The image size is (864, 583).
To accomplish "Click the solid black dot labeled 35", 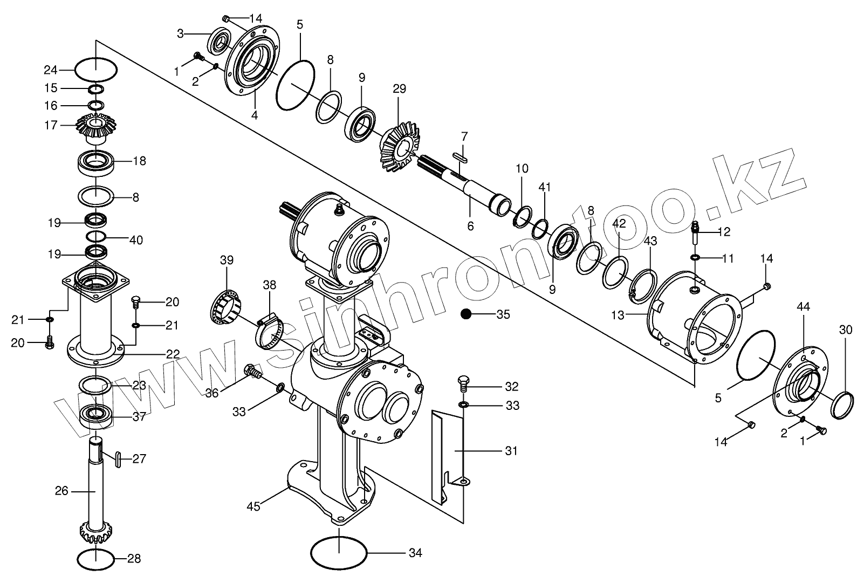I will click(x=465, y=314).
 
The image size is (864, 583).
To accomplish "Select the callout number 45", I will click(x=253, y=506).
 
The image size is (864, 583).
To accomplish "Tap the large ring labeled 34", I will click(x=339, y=552).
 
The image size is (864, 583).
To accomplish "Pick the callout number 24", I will click(x=50, y=70).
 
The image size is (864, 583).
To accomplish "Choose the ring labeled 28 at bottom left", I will click(x=96, y=559).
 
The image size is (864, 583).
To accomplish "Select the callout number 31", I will click(x=511, y=450).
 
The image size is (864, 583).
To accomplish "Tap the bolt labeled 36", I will click(x=252, y=371).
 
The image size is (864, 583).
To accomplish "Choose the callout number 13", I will click(x=618, y=315).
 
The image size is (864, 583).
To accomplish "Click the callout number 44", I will click(x=803, y=307).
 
